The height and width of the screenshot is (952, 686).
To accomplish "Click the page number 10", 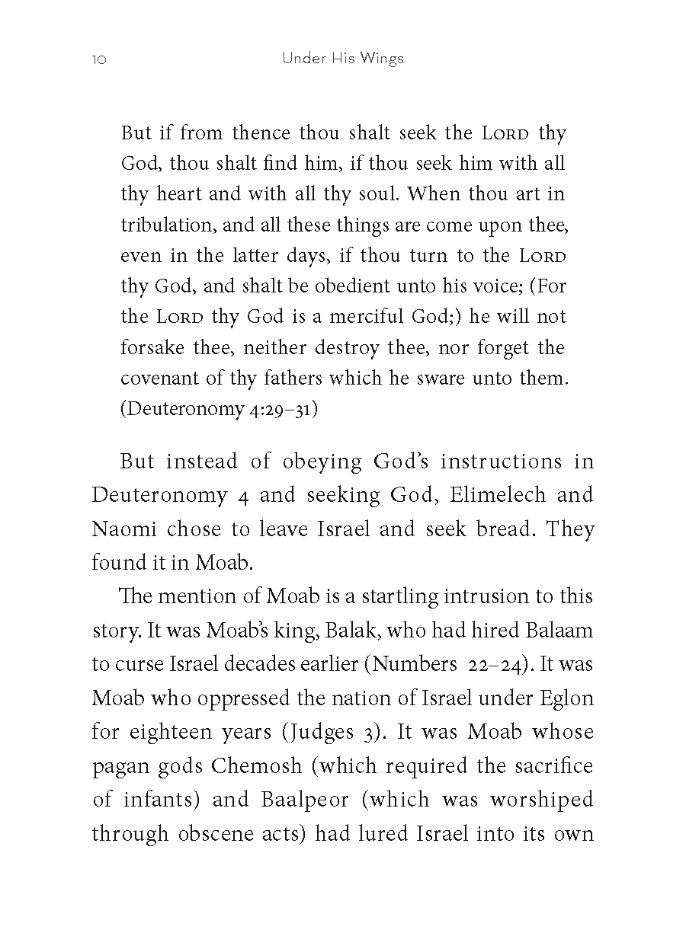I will click(x=98, y=59).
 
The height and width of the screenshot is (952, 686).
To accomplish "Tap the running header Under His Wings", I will click(x=342, y=59).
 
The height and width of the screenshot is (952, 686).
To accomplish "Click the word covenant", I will click(x=155, y=379).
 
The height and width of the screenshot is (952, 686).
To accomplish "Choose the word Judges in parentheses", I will click(x=319, y=732).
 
